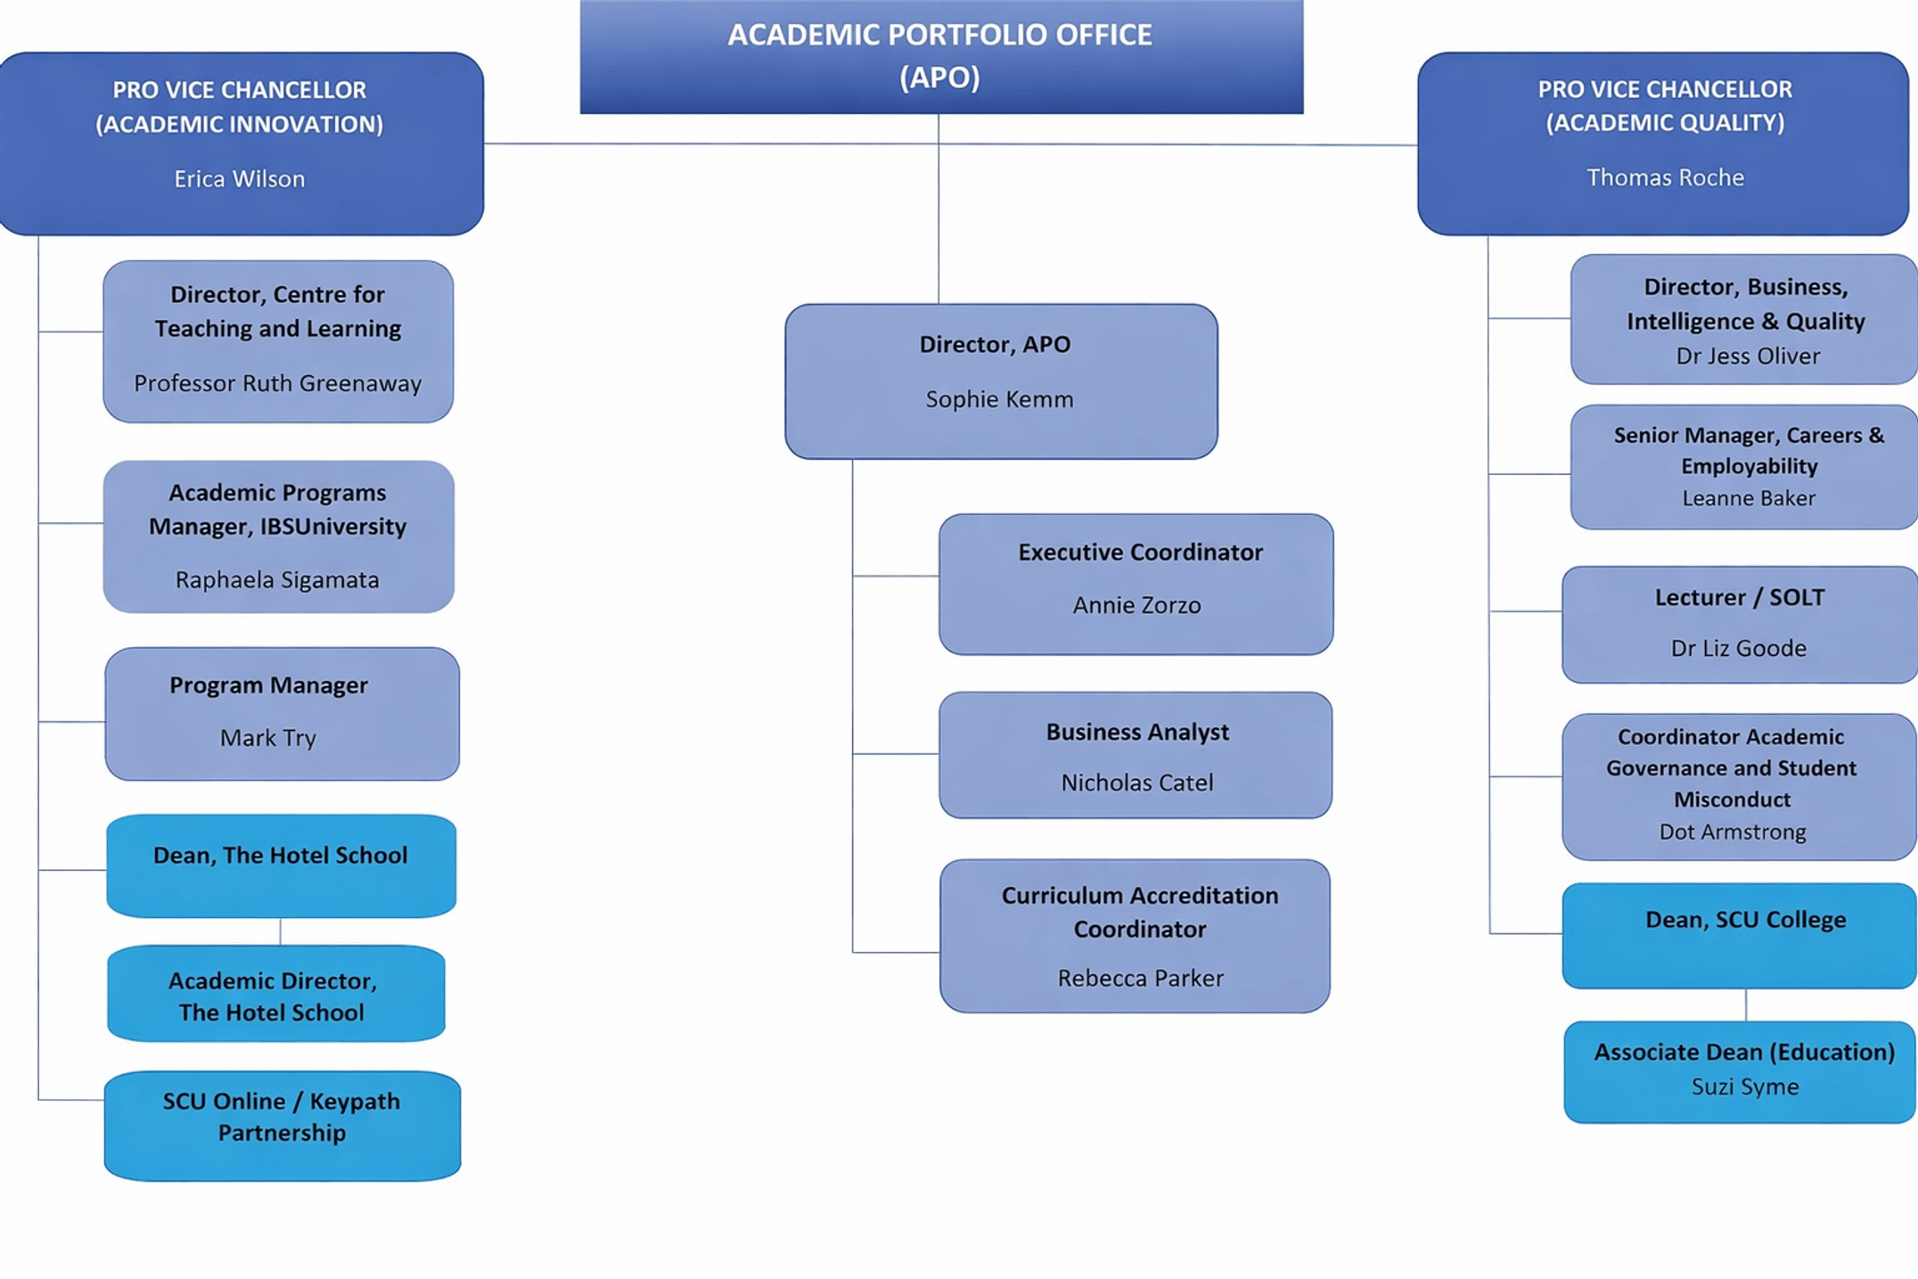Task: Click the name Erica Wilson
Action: (x=239, y=179)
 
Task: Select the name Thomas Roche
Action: (x=1664, y=177)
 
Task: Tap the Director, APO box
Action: (x=1000, y=381)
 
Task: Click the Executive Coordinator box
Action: (x=1135, y=583)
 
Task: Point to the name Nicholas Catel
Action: (x=1136, y=783)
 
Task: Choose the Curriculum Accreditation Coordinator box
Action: (x=1135, y=935)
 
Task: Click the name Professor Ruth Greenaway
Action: (x=277, y=383)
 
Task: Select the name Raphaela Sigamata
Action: (x=277, y=580)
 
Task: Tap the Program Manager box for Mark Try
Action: (x=282, y=713)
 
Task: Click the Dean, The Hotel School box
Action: (x=281, y=865)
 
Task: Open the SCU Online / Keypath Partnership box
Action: (x=282, y=1125)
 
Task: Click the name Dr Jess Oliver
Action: (x=1747, y=357)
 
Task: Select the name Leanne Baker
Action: (x=1748, y=498)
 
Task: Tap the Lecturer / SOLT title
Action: (x=1739, y=597)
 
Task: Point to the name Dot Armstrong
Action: (x=1732, y=832)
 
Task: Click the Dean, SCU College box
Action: (x=1738, y=935)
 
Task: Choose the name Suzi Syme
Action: (x=1744, y=1086)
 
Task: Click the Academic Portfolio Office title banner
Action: (x=940, y=56)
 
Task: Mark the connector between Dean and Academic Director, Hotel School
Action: (x=280, y=931)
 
